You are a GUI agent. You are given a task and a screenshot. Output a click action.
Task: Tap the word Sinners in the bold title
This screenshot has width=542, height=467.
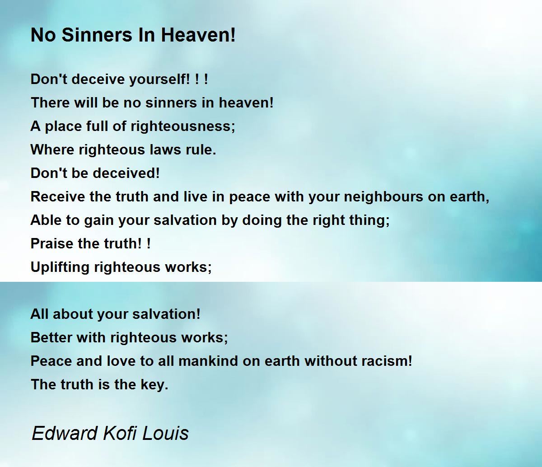97,35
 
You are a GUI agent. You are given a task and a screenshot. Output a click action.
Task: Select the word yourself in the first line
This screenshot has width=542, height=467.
158,79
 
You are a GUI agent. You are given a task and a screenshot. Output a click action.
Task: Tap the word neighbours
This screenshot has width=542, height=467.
383,196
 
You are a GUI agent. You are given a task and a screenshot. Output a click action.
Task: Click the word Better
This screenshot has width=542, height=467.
51,337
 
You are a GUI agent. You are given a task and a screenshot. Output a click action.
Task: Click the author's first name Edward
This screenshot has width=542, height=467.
65,433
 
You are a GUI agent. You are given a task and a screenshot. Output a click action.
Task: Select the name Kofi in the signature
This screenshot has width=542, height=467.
120,433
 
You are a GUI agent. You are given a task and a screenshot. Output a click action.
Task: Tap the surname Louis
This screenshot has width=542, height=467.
165,433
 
